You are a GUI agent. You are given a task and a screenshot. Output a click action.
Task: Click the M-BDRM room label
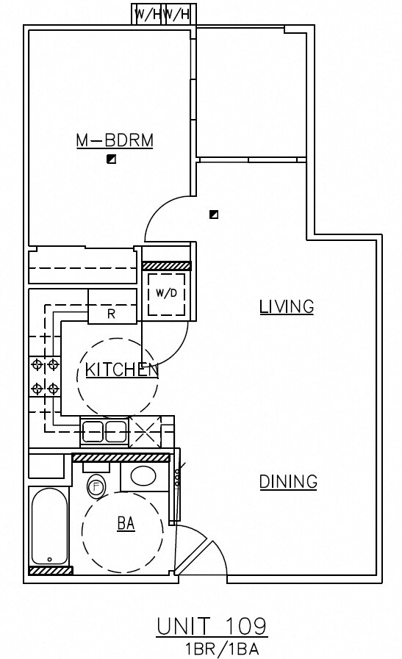click(115, 140)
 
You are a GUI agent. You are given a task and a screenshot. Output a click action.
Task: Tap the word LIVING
click(287, 307)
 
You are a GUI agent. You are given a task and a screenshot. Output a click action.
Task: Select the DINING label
click(288, 482)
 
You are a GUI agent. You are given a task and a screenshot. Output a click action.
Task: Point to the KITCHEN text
click(122, 370)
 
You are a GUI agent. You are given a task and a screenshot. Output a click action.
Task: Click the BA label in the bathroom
click(126, 523)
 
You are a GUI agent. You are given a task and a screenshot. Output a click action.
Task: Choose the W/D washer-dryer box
click(166, 294)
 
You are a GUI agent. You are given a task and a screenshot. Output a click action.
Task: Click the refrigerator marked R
click(112, 314)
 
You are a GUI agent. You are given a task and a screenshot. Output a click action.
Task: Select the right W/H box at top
click(178, 14)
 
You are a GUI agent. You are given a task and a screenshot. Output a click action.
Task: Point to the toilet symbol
click(96, 486)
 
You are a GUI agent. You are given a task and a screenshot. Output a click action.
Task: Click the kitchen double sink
click(104, 431)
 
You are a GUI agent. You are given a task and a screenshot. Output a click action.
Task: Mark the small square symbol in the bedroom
click(111, 159)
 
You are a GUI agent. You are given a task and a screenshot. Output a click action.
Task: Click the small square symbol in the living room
click(213, 215)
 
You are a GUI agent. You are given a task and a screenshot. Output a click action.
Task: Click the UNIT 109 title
click(212, 626)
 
